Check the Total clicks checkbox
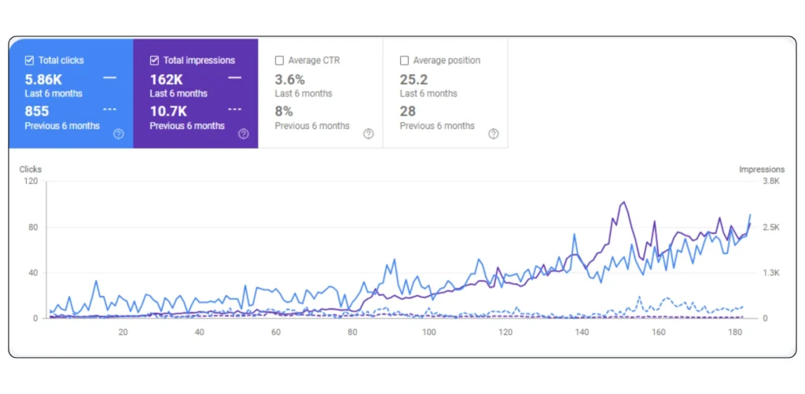[29, 61]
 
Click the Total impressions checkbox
[154, 61]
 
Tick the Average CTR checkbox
[279, 61]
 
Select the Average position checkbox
[404, 61]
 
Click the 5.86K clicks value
[43, 79]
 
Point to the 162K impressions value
[167, 79]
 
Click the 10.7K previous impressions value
[169, 111]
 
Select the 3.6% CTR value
[288, 79]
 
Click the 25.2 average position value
[414, 79]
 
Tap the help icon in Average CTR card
[368, 134]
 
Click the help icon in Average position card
[493, 134]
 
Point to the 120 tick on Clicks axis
[31, 182]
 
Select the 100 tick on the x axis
[428, 332]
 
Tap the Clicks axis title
[31, 169]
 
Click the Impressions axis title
[762, 169]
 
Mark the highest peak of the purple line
[623, 202]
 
